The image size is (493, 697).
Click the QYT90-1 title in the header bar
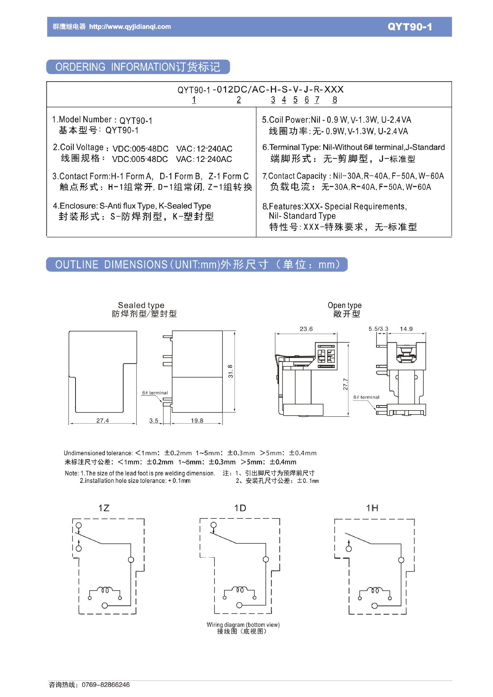pyautogui.click(x=410, y=27)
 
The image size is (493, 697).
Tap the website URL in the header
pyautogui.click(x=130, y=27)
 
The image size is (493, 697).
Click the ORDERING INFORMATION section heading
pyautogui.click(x=138, y=67)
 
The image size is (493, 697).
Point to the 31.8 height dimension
pyautogui.click(x=231, y=371)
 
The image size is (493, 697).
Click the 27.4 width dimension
pyautogui.click(x=102, y=420)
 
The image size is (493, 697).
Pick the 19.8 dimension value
pyautogui.click(x=197, y=420)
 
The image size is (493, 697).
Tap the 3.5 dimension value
pyautogui.click(x=154, y=420)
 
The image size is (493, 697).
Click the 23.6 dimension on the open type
pyautogui.click(x=306, y=329)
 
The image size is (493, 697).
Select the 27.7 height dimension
pyautogui.click(x=345, y=384)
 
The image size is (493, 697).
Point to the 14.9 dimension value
pyautogui.click(x=406, y=329)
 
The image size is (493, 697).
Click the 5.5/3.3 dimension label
pyautogui.click(x=378, y=329)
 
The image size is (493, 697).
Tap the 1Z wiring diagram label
pyautogui.click(x=104, y=508)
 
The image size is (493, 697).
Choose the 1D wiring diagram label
pyautogui.click(x=240, y=508)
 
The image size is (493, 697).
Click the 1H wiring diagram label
pyautogui.click(x=372, y=508)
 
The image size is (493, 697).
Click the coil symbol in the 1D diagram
pyautogui.click(x=240, y=590)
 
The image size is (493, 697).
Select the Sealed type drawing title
pyautogui.click(x=141, y=305)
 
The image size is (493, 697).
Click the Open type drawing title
pyautogui.click(x=345, y=305)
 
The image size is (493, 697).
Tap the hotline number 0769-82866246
pyautogui.click(x=106, y=685)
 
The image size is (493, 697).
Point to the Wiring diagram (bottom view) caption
pyautogui.click(x=243, y=625)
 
